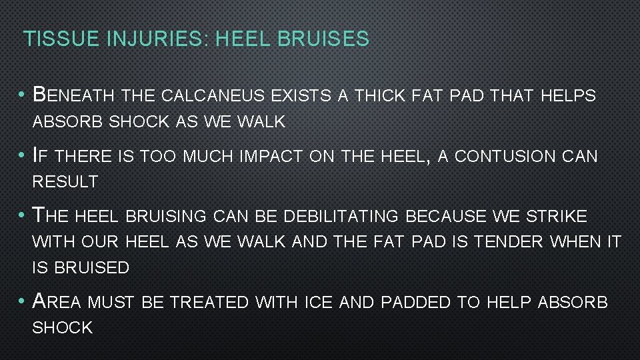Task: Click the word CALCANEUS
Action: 214,96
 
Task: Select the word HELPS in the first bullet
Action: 567,96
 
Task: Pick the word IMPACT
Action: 265,157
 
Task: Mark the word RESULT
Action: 65,181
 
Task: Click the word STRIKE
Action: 555,217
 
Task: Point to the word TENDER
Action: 511,242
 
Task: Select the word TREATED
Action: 209,302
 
